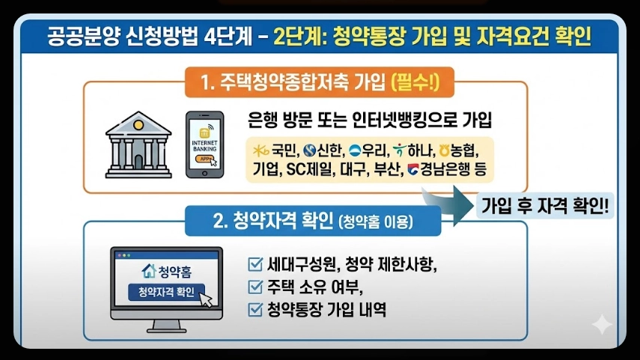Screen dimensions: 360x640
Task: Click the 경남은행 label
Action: coord(446,169)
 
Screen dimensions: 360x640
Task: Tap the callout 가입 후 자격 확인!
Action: coord(544,204)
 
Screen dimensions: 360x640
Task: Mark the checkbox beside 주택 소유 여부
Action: coord(255,286)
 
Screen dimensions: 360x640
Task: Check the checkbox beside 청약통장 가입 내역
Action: coord(255,308)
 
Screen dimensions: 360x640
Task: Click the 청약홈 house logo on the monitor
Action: coord(147,270)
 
